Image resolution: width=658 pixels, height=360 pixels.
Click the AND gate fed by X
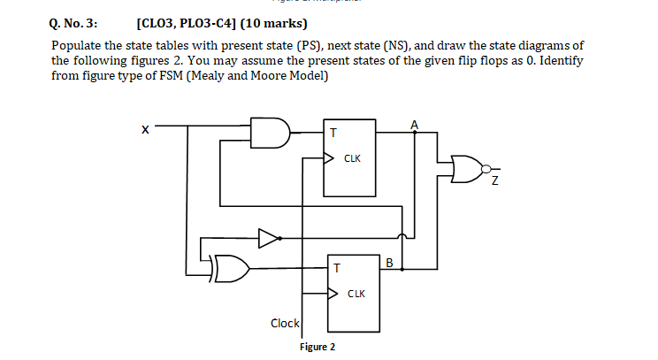[x=270, y=133]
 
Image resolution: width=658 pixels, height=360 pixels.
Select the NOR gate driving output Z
[x=467, y=169]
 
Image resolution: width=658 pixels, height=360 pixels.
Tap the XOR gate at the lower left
[x=231, y=268]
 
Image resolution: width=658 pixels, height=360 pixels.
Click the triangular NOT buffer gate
[x=269, y=238]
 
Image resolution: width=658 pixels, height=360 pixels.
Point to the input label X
[x=145, y=130]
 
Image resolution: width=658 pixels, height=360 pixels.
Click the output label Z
[x=494, y=180]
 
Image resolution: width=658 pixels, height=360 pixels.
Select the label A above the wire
[x=414, y=125]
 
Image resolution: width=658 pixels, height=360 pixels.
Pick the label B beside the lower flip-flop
[x=389, y=263]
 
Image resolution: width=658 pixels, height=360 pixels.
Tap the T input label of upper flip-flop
[x=333, y=133]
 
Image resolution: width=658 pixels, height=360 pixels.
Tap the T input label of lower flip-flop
[x=337, y=268]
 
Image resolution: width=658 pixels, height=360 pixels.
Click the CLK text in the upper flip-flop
[x=352, y=158]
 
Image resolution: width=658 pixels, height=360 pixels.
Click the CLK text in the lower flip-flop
[x=356, y=294]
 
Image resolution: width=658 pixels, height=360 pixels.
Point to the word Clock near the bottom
[x=285, y=323]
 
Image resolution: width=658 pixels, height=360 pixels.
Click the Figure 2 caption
[x=318, y=347]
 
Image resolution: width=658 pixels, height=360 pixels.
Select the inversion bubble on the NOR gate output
[x=486, y=169]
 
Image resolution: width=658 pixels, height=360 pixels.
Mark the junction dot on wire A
[x=415, y=132]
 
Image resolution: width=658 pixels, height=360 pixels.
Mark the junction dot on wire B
[x=402, y=269]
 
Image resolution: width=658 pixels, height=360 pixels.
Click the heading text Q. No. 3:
[x=73, y=24]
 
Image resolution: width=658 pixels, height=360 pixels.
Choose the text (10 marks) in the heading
[x=273, y=23]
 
